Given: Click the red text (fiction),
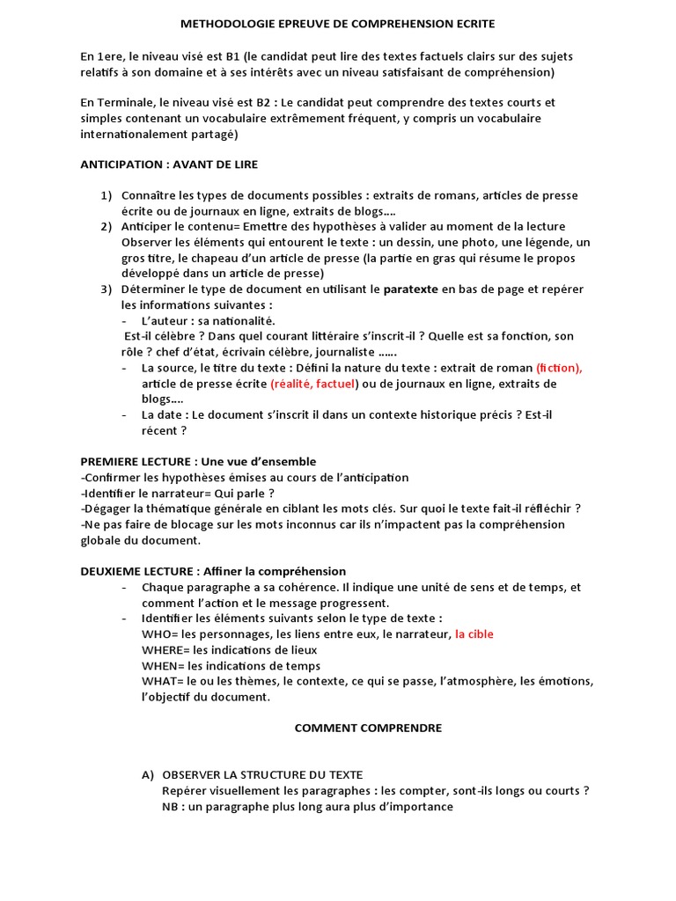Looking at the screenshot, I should coord(559,368).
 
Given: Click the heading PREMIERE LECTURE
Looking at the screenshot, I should coord(138,461).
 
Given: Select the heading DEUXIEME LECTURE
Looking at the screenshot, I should coord(138,571).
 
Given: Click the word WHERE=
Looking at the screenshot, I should coord(164,650).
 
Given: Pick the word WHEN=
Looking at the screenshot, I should coord(162,666).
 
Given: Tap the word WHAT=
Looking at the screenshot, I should coord(161,682).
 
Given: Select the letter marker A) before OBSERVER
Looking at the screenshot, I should coord(148,774).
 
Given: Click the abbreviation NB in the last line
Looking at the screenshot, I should coord(171,806).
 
